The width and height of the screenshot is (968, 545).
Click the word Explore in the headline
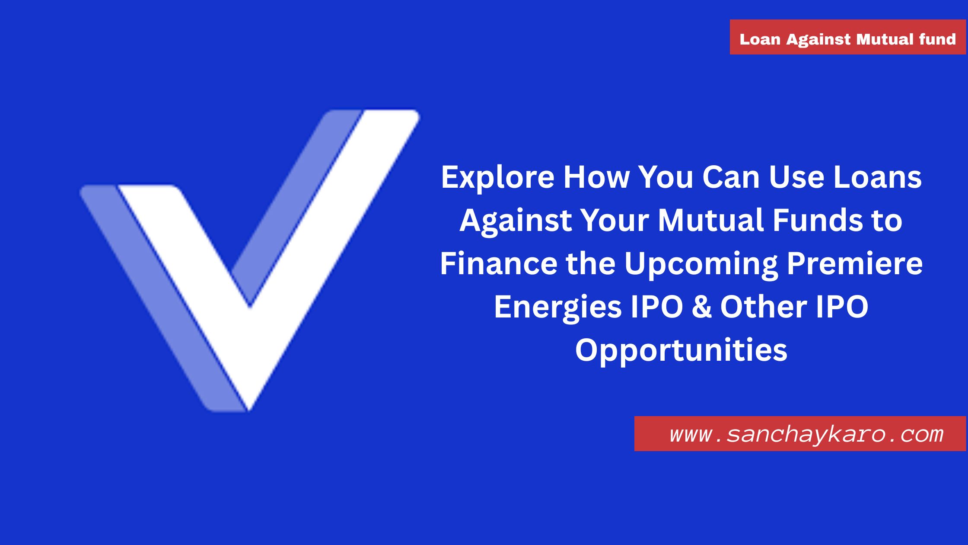(x=497, y=178)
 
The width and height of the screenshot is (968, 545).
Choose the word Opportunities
(x=681, y=350)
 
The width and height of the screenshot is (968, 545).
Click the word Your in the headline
(x=614, y=220)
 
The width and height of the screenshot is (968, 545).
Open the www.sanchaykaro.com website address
(x=806, y=434)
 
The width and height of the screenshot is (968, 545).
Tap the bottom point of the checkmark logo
(x=249, y=407)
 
